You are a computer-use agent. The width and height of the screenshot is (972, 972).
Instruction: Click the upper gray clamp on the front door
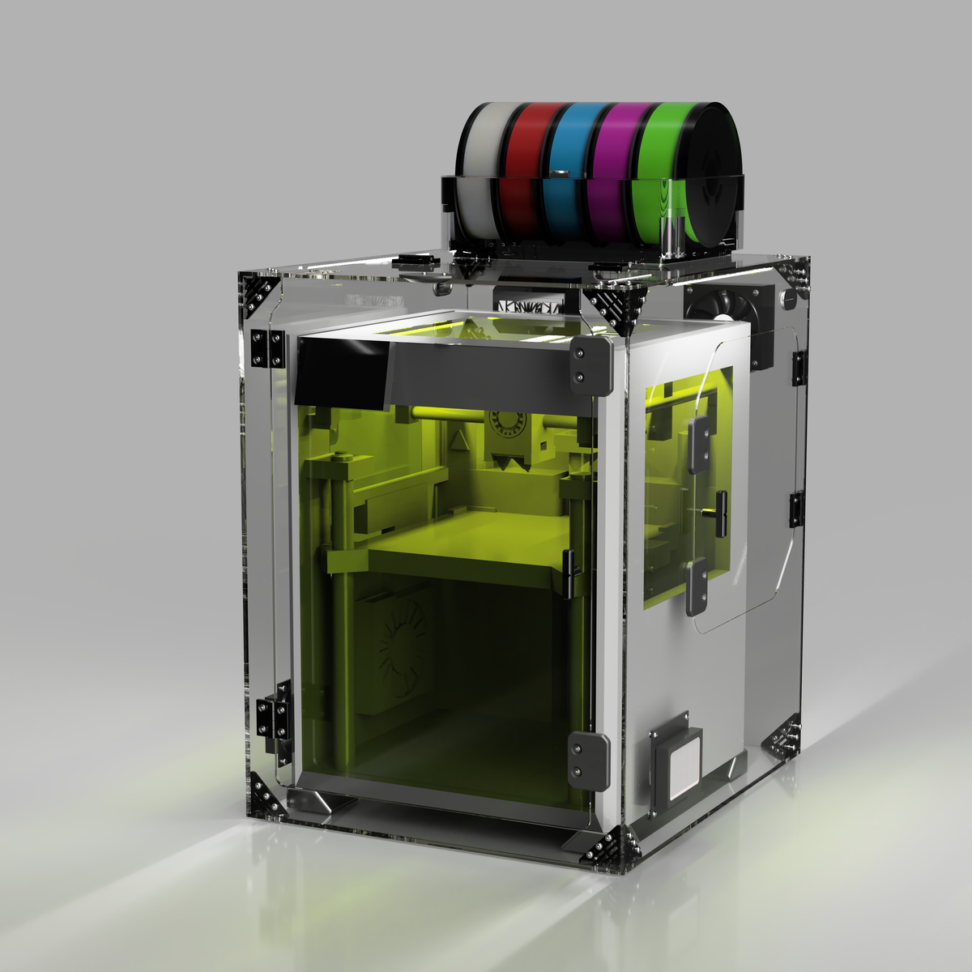coord(590,364)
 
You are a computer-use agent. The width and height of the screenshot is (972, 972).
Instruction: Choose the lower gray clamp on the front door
coord(589,759)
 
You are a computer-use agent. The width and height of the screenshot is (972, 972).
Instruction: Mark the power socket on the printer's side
coord(677,761)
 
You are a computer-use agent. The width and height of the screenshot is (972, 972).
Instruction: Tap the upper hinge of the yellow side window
coord(699,446)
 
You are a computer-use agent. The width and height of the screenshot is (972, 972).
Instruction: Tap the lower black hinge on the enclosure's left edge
coord(273,717)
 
